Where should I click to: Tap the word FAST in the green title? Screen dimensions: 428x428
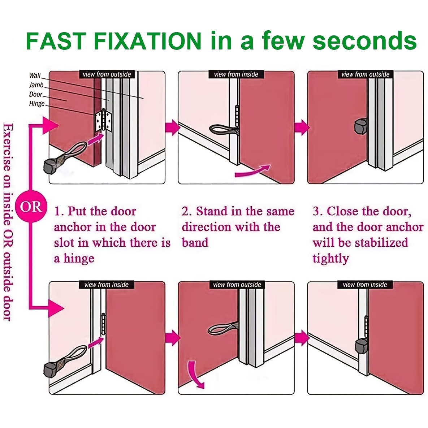coord(56,41)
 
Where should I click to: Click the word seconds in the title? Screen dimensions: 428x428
coord(364,41)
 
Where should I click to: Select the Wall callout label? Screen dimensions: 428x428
coord(35,75)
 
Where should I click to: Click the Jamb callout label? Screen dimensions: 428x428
coord(36,85)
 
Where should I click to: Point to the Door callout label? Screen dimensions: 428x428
coord(36,94)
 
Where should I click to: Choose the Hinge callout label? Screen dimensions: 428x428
coord(37,103)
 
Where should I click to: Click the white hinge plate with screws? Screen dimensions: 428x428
coord(103,120)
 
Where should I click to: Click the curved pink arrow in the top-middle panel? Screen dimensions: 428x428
coord(252,171)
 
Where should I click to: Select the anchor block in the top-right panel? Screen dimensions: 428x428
coord(360,126)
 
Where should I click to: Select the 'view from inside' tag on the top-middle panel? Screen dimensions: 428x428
coord(236,74)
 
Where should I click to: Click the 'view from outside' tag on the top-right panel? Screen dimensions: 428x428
coord(365,74)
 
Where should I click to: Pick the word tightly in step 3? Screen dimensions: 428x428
coord(331,259)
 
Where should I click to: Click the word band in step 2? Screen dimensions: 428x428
coord(195,242)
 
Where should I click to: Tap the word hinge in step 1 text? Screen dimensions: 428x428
coord(79,259)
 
